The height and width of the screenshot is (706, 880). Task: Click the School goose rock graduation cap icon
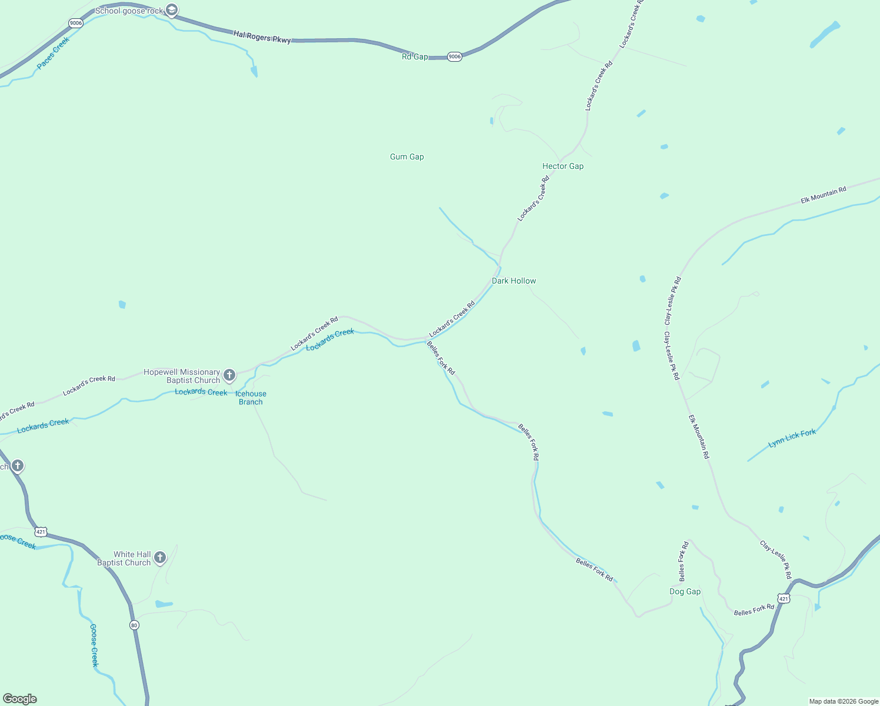172,10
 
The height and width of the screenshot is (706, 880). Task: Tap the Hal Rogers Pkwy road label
262,38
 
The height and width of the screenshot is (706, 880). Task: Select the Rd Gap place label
415,56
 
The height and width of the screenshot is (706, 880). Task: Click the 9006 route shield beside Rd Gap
454,56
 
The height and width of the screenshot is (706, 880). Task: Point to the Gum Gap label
406,156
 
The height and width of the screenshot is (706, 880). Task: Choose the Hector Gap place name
562,166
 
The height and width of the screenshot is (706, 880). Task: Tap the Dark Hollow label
514,281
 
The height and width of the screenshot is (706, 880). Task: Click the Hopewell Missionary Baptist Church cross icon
229,375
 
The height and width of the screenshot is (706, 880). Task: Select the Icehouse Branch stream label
251,398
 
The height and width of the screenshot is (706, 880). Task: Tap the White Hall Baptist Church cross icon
159,557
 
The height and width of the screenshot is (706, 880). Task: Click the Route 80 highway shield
134,625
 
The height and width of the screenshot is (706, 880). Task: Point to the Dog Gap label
685,591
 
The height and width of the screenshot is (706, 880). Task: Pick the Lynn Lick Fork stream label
792,438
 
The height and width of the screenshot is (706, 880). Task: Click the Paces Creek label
53,53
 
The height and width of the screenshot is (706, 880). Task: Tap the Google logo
20,699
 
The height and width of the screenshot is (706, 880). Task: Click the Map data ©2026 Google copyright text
843,701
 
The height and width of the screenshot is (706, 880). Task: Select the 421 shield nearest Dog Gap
783,598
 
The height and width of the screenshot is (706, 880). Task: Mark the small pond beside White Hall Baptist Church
164,604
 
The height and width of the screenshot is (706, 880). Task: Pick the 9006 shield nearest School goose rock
75,23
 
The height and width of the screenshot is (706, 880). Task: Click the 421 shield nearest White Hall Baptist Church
40,532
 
